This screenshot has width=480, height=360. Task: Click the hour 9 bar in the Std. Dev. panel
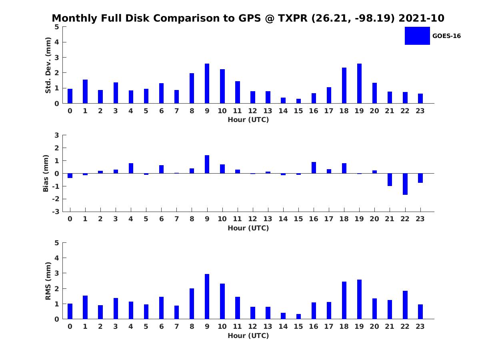click(x=207, y=84)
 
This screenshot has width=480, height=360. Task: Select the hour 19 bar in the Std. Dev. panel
click(x=359, y=84)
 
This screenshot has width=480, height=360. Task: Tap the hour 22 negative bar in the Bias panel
click(x=405, y=184)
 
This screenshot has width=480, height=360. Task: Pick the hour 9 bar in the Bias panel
click(x=207, y=164)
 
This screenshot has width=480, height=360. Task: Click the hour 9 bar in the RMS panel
click(x=207, y=296)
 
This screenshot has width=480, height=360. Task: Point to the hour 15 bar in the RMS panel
click(x=298, y=316)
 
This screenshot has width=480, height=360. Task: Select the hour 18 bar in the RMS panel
click(x=344, y=300)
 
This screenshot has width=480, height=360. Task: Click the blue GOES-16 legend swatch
click(x=417, y=36)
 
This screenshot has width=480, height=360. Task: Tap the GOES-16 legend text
click(x=446, y=36)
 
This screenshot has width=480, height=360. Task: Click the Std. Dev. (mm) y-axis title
click(x=48, y=65)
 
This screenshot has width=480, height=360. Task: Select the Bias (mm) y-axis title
click(x=46, y=173)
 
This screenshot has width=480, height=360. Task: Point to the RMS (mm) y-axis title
click(x=48, y=281)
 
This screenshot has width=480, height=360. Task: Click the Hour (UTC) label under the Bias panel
click(x=248, y=228)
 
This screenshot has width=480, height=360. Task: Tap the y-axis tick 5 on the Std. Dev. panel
click(x=57, y=27)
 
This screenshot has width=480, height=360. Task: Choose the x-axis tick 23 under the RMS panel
click(x=420, y=326)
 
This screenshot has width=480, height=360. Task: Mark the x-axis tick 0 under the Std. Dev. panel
click(x=70, y=111)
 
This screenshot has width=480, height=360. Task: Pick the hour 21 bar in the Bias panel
click(x=390, y=180)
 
